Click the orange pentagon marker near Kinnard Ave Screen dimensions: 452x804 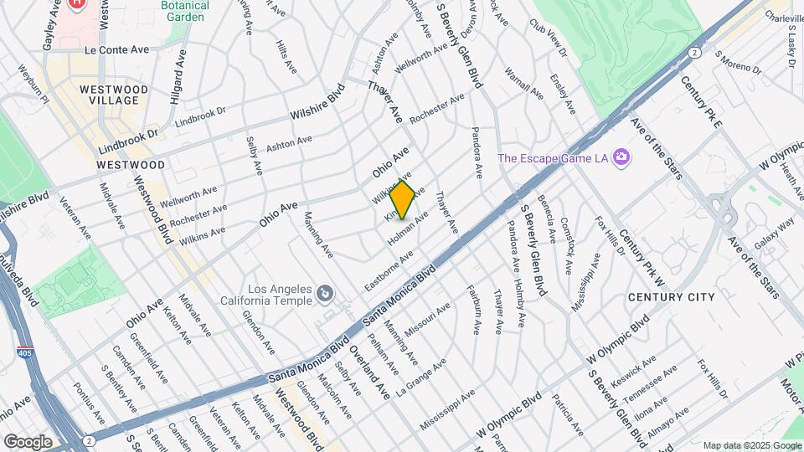[403, 200]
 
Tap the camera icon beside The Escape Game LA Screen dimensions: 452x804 [621, 157]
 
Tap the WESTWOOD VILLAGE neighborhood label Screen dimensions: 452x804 [114, 95]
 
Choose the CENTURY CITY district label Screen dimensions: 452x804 [672, 297]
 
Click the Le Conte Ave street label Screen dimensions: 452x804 [116, 49]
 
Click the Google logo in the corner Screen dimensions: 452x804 [28, 441]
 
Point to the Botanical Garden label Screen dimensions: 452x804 [185, 10]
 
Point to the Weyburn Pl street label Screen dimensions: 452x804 [34, 85]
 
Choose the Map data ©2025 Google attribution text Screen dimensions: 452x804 [751, 445]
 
